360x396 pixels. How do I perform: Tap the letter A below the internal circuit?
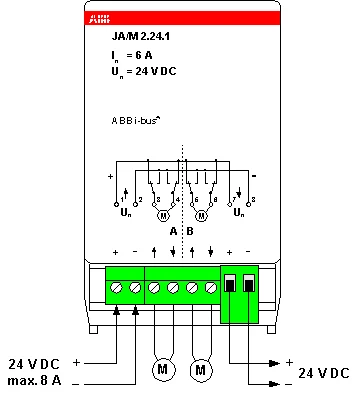point(173,231)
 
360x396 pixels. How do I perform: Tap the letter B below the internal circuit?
point(190,231)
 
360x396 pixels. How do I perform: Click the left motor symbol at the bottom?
point(163,370)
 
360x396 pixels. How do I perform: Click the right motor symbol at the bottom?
point(202,370)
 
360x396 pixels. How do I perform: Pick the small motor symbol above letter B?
point(200,215)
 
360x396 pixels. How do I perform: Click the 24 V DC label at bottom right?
point(324,373)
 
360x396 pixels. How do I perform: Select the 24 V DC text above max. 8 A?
point(35,363)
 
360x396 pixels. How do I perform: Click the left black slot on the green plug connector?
point(231,285)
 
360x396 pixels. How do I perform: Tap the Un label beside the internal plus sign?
point(125,211)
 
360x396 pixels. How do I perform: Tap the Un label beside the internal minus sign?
point(238,211)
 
